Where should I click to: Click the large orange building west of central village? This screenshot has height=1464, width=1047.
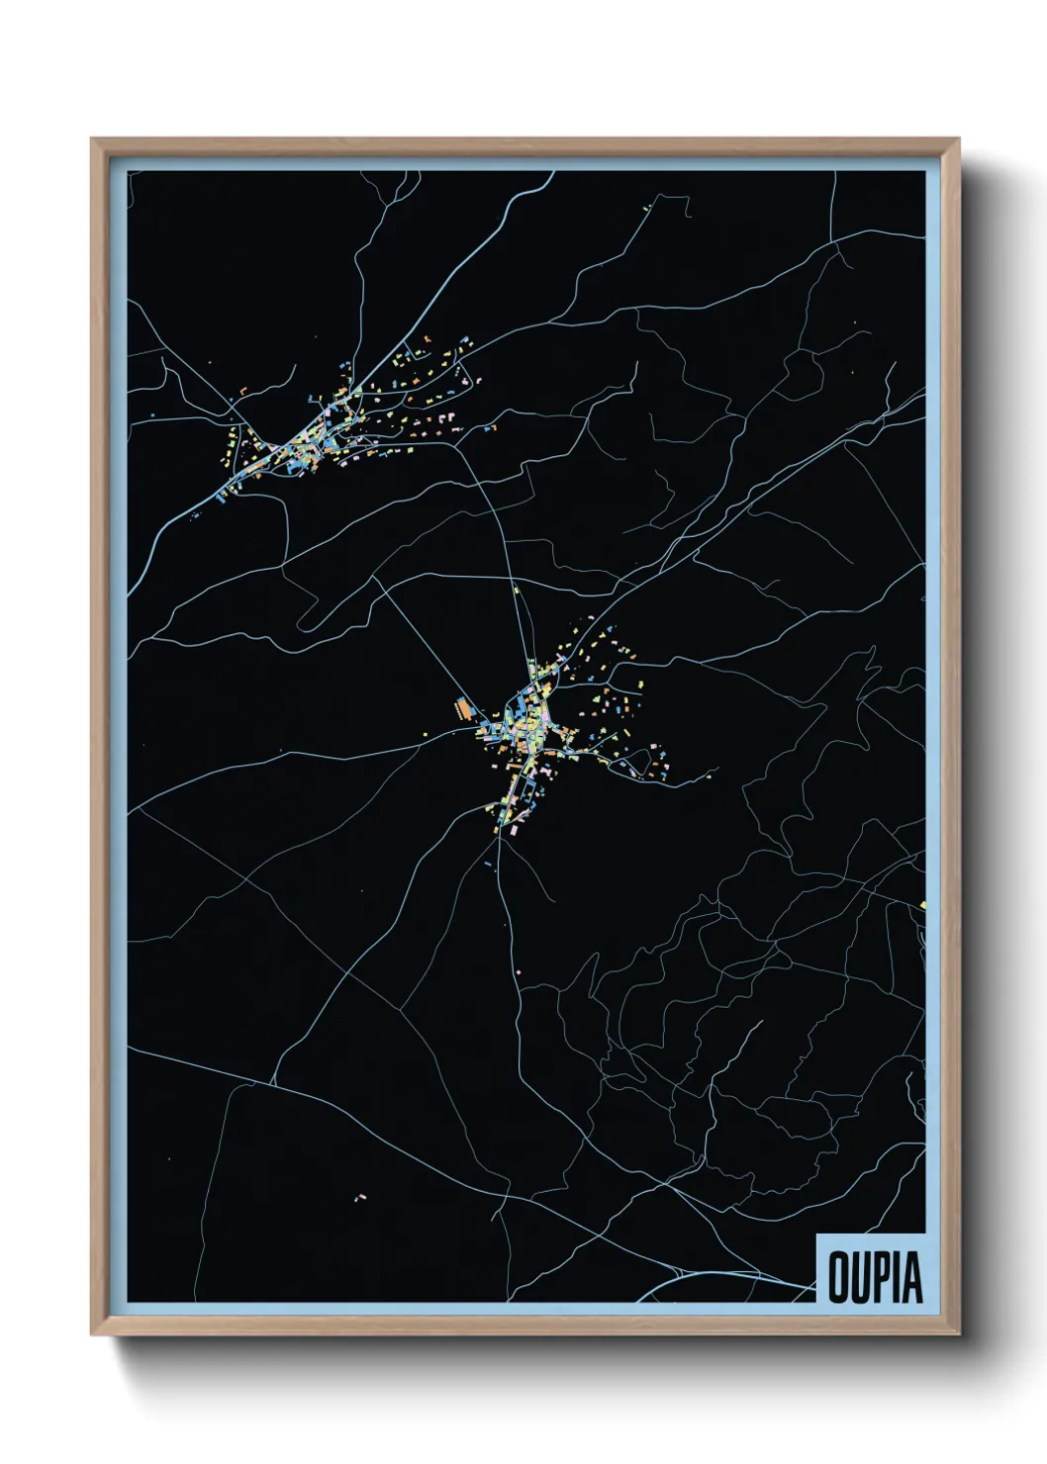(x=463, y=708)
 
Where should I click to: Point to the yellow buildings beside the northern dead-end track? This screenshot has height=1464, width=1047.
(x=649, y=208)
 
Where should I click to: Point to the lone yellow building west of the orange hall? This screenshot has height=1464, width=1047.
(x=427, y=733)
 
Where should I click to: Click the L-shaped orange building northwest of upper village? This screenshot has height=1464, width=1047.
(x=241, y=392)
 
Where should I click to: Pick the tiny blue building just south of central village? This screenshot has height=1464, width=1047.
(x=489, y=864)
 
